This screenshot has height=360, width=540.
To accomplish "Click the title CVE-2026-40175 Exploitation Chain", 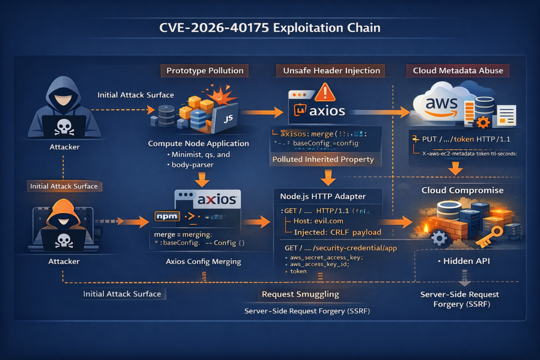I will [x=269, y=27].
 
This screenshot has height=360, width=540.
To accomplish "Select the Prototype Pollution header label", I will [x=205, y=71].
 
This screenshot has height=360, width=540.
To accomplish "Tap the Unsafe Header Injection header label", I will [x=331, y=71].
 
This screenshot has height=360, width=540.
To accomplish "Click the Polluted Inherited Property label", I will [x=323, y=159].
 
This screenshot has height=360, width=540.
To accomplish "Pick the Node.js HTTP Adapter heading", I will [x=323, y=196].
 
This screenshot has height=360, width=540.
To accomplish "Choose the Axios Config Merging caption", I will [x=203, y=261].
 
